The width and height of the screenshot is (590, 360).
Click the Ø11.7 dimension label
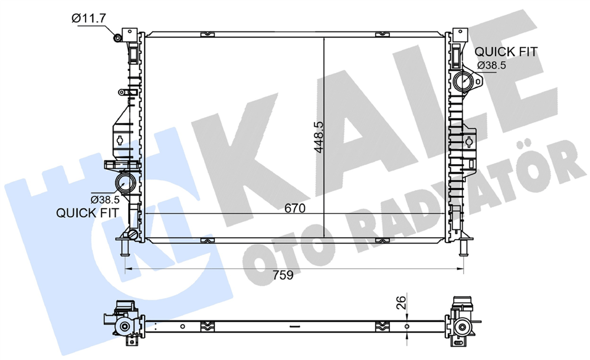pyautogui.click(x=89, y=18)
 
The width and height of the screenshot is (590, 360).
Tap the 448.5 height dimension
pyautogui.click(x=319, y=137)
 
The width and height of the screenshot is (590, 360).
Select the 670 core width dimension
pyautogui.click(x=295, y=208)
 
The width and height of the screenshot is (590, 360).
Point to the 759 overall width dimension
pyautogui.click(x=283, y=275)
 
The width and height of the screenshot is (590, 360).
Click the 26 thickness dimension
pyautogui.click(x=402, y=303)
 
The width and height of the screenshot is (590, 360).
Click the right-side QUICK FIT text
pyautogui.click(x=506, y=51)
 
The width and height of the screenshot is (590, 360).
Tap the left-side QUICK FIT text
pyautogui.click(x=87, y=213)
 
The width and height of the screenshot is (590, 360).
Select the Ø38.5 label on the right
pyautogui.click(x=492, y=66)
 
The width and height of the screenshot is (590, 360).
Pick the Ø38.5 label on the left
pyautogui.click(x=105, y=199)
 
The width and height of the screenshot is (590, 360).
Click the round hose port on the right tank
pyautogui.click(x=463, y=81)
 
